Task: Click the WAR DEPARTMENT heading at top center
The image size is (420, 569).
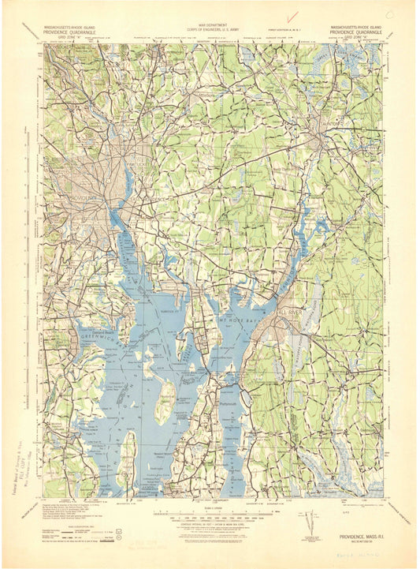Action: click(210, 24)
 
